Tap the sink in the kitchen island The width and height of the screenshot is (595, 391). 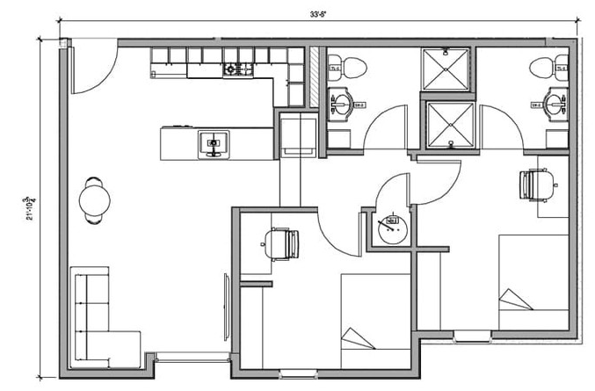click(x=213, y=142)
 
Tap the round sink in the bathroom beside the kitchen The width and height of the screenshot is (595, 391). click(x=344, y=105)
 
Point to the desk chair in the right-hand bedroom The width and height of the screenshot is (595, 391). click(x=536, y=185)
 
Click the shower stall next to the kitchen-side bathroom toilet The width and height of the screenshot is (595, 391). click(x=448, y=68)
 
